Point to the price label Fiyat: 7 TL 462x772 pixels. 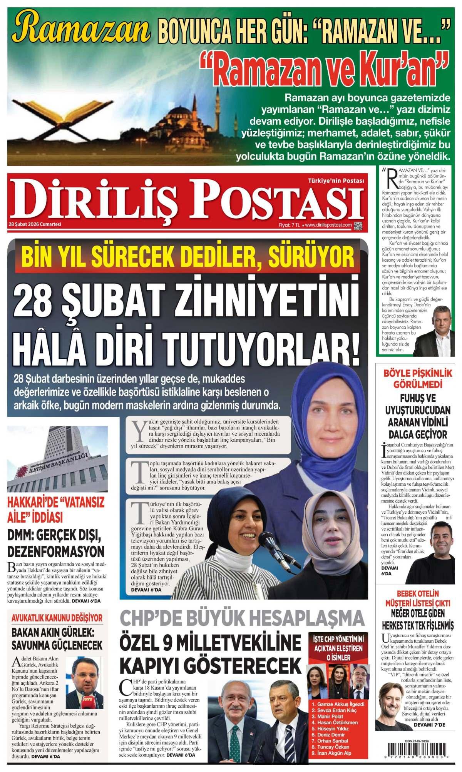(290, 225)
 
